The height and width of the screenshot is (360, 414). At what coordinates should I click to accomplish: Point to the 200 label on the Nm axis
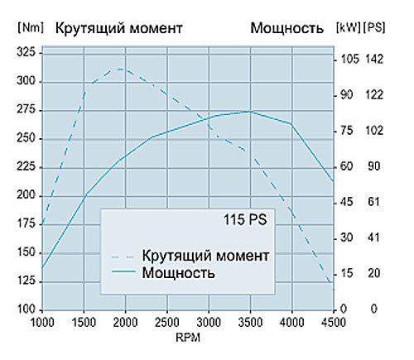[x=26, y=195]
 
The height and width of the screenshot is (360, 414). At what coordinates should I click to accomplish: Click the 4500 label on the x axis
[x=334, y=322]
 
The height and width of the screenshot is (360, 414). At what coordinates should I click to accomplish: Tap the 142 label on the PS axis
[x=374, y=59]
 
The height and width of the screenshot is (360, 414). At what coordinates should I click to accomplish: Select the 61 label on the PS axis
[x=373, y=202]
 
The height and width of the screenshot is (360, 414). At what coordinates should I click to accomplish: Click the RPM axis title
[x=188, y=338]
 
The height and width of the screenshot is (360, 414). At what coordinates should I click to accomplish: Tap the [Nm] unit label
[x=31, y=27]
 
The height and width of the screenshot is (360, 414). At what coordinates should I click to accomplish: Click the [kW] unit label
[x=349, y=27]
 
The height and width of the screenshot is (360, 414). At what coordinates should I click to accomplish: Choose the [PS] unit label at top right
[x=374, y=27]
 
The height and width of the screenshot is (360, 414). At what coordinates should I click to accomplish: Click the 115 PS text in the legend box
[x=245, y=220]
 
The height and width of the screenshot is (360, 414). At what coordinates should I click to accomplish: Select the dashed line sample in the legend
[x=123, y=257]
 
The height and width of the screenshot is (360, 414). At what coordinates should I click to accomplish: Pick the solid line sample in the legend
[x=123, y=271]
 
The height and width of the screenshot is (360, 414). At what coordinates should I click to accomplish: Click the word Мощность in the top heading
[x=286, y=28]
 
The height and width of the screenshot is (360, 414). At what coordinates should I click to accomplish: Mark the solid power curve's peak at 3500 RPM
[x=250, y=112]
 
